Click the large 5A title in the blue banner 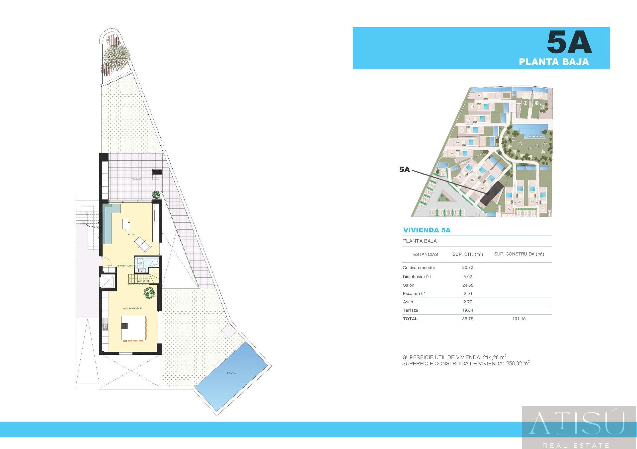(x=569, y=42)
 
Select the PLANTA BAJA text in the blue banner (x=554, y=62)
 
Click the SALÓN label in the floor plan (x=131, y=235)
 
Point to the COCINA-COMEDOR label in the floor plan (x=132, y=309)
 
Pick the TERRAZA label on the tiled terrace (x=136, y=179)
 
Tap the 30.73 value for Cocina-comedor (x=467, y=268)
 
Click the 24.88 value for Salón (x=467, y=285)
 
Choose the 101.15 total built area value (x=519, y=319)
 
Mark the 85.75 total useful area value (x=467, y=319)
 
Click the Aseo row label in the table (x=408, y=302)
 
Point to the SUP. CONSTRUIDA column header (x=519, y=254)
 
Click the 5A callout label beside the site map (x=405, y=170)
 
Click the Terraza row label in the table (x=410, y=310)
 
